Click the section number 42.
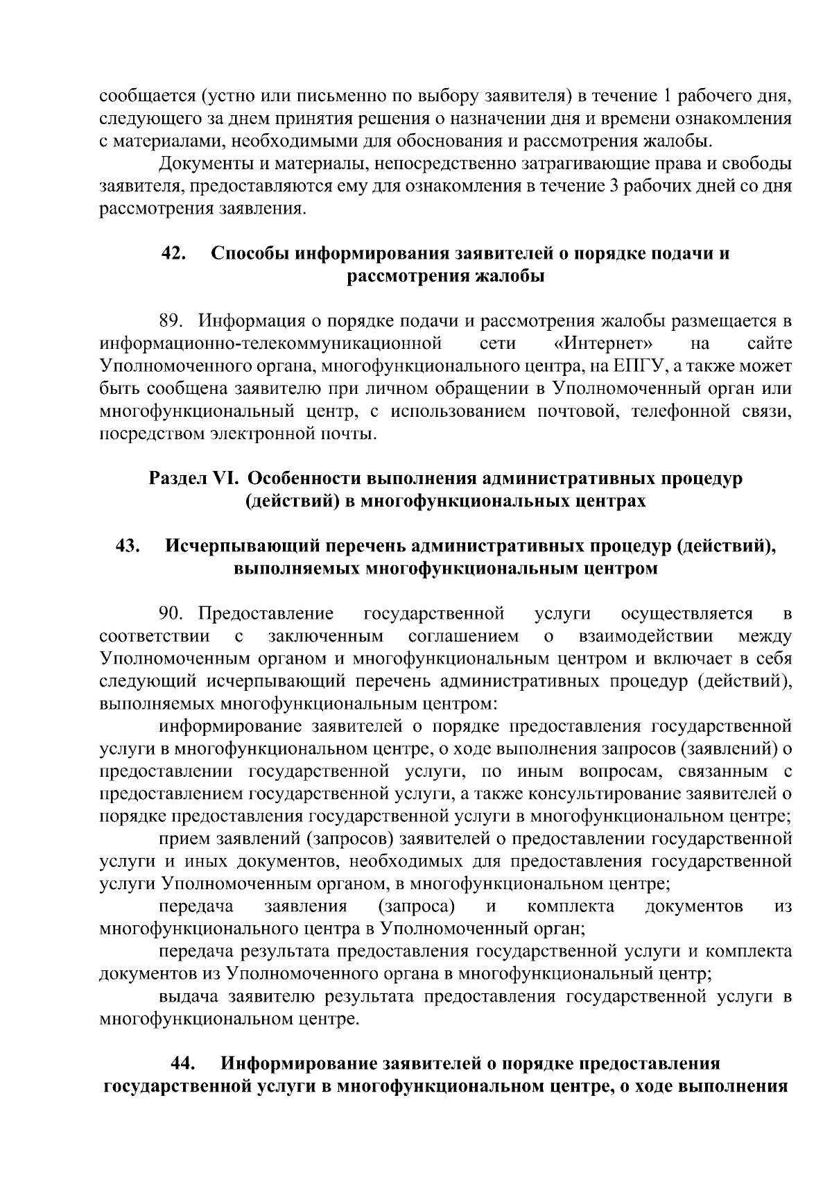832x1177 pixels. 173,253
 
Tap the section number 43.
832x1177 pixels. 129,547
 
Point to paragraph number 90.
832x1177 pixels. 172,613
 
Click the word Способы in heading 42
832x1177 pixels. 250,253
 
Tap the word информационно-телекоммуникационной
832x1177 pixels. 271,343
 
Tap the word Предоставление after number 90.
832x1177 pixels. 266,613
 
